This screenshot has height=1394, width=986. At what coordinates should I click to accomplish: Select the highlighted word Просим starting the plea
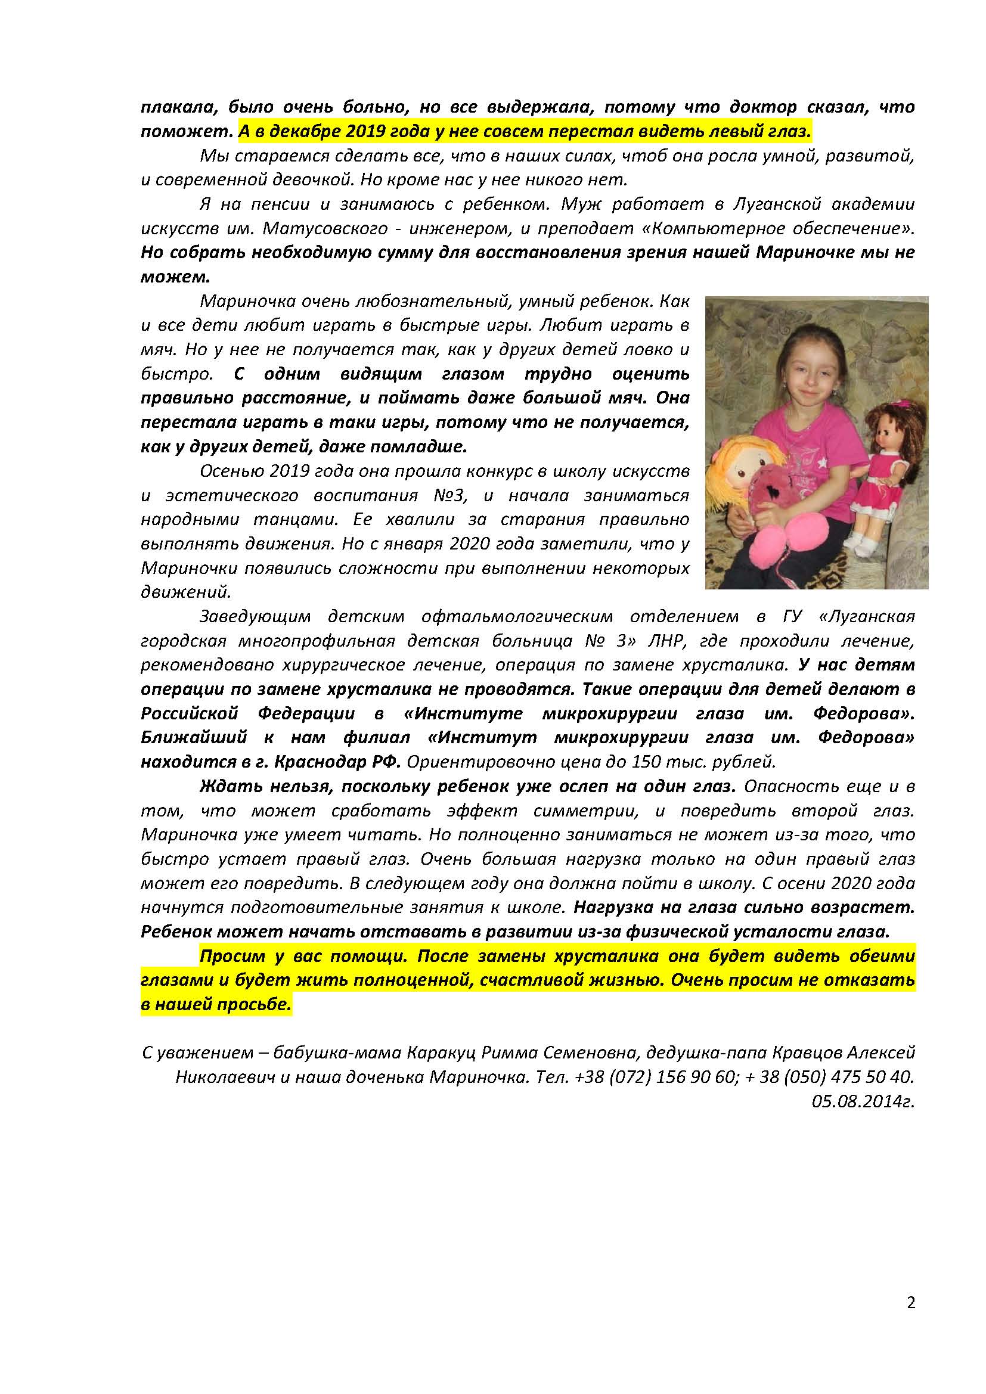tap(232, 956)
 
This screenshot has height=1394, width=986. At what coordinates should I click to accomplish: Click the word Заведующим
tap(255, 616)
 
